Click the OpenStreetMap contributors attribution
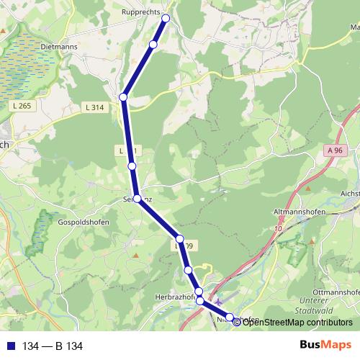tap(297, 322)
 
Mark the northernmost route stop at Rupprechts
tap(166, 19)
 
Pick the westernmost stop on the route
tap(124, 96)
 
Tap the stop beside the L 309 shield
tap(180, 239)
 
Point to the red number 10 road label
tap(278, 228)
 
